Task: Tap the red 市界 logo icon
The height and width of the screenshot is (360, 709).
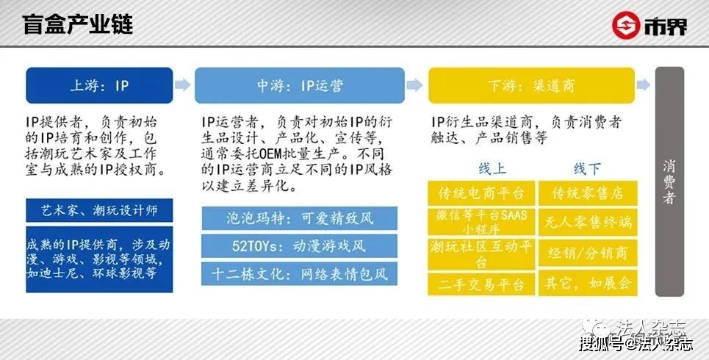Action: (624, 26)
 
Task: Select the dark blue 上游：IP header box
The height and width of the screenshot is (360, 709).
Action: (99, 85)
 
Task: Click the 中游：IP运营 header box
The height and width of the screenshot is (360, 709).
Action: (299, 85)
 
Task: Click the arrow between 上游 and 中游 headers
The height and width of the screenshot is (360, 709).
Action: (183, 85)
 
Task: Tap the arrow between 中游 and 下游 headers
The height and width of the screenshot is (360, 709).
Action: (416, 85)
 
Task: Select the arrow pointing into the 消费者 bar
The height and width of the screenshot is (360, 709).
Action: (644, 85)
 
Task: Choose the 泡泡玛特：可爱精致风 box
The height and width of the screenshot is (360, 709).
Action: (299, 218)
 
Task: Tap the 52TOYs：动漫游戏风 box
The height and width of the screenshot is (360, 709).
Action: (299, 246)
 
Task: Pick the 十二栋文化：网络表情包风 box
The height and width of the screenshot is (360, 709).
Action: (299, 274)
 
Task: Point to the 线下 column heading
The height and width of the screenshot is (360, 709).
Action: (586, 169)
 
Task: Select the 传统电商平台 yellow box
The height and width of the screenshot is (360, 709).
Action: (481, 193)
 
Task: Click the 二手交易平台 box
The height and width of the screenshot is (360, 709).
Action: (481, 284)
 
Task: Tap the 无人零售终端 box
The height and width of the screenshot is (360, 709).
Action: (587, 223)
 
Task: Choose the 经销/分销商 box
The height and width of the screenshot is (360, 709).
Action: (587, 253)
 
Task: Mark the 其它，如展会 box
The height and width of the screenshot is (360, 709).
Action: (587, 284)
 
